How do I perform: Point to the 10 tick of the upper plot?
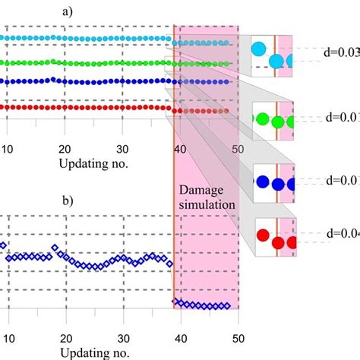(x=8, y=149)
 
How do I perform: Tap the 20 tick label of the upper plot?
(x=65, y=149)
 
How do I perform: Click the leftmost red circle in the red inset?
(x=264, y=235)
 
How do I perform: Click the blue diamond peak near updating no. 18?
(x=55, y=248)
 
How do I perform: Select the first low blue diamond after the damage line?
(x=177, y=303)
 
